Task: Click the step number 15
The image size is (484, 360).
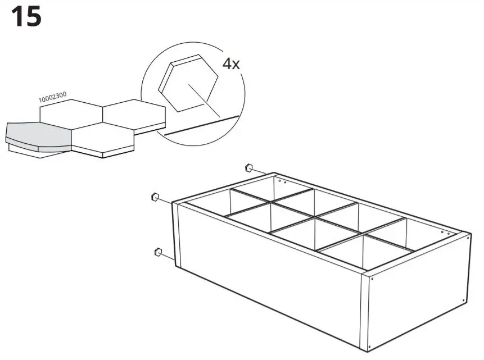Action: tap(26, 17)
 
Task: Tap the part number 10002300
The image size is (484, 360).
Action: tap(52, 98)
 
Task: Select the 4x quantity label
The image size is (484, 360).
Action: tap(231, 63)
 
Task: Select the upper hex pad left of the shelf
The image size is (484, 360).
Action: tap(153, 197)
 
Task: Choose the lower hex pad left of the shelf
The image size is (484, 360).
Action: tap(157, 252)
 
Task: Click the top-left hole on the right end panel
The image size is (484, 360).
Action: tap(372, 276)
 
